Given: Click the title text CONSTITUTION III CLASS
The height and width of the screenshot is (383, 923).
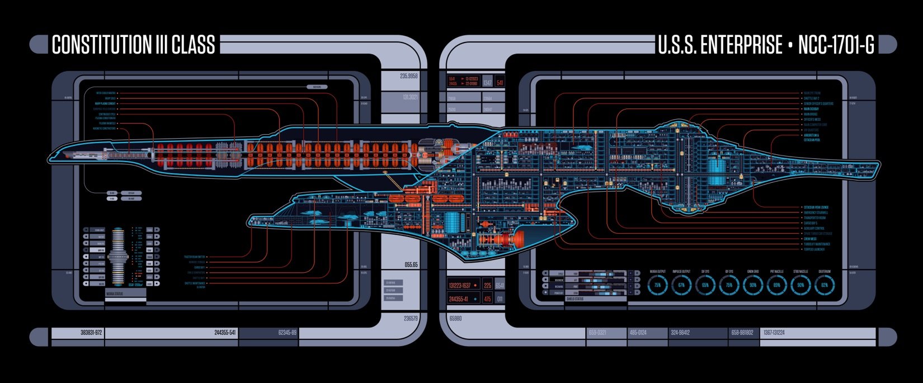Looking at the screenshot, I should click(133, 45).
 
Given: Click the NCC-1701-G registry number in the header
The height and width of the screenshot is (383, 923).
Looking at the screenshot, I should click(836, 45).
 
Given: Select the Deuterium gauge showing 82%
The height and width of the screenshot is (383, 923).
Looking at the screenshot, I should click(824, 285).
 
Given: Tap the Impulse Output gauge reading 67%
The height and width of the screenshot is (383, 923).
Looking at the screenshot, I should click(681, 285).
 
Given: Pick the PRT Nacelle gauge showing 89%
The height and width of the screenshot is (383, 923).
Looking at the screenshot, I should click(776, 285).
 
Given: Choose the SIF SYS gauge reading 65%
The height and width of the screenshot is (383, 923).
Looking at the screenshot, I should click(705, 285).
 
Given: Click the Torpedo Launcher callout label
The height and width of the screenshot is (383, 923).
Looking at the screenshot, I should click(817, 249).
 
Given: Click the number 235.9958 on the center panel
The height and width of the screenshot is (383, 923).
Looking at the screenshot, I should click(409, 76).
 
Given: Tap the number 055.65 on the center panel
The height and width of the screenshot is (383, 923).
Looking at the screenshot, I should click(411, 264).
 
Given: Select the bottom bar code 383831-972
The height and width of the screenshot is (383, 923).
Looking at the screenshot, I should click(91, 333).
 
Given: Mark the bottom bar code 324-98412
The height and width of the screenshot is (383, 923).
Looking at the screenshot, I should click(680, 333).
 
